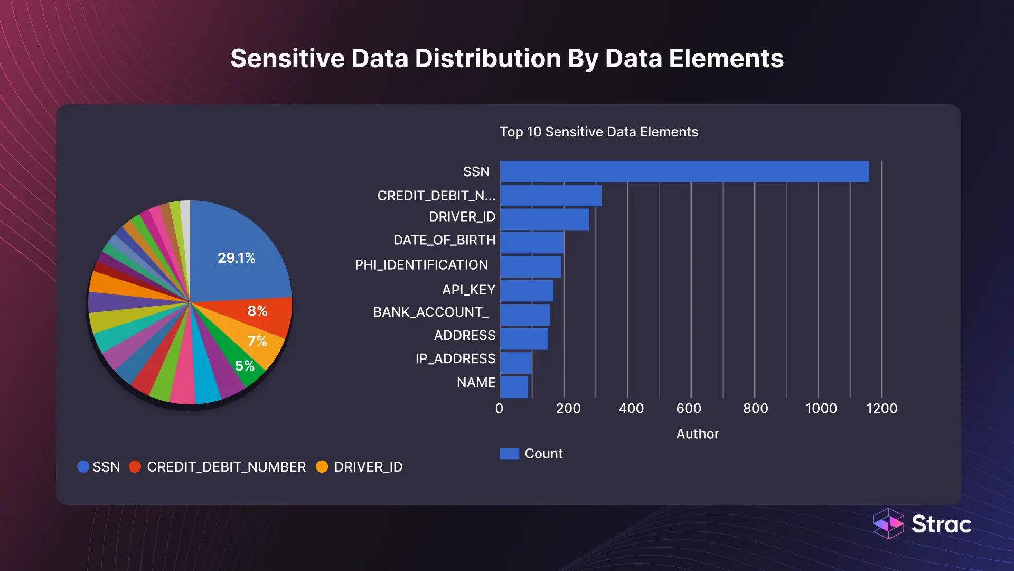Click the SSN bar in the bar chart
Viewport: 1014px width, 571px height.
coord(684,172)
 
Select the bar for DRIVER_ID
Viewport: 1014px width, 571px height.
coord(544,219)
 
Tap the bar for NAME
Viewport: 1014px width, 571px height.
coord(514,386)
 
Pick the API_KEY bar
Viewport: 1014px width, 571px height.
coord(527,291)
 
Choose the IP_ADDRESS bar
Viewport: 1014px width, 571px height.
coord(516,363)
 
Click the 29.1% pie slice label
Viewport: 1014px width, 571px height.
coord(237,258)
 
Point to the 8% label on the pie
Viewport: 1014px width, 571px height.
coord(257,311)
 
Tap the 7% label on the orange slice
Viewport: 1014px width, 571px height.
coord(257,341)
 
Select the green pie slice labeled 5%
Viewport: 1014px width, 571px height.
coord(245,366)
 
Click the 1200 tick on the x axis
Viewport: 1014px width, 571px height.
coord(881,408)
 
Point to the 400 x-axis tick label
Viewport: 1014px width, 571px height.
coord(631,408)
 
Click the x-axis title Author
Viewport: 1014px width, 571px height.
coord(697,434)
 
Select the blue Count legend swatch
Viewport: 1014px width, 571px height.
coord(509,454)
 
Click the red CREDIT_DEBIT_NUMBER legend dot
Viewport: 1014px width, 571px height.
coord(135,466)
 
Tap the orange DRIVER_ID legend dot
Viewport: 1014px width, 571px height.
coord(322,466)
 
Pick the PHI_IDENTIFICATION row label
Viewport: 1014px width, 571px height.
coord(421,265)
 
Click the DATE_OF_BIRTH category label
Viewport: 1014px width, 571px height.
coord(444,240)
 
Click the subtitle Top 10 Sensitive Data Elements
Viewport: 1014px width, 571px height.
coord(599,132)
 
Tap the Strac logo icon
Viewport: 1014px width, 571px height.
coord(888,523)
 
